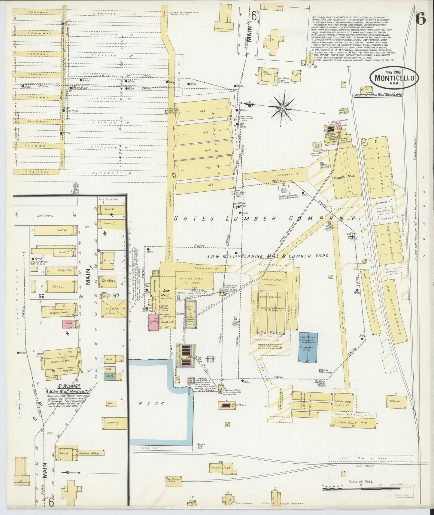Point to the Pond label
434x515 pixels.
point(152,403)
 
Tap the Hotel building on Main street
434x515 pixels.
point(59,287)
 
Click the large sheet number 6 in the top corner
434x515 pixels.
point(420,19)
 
